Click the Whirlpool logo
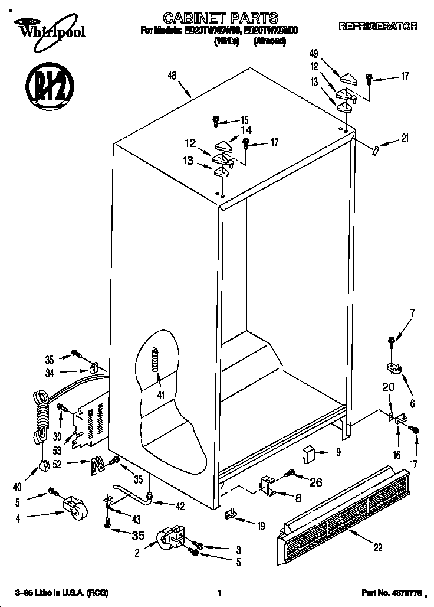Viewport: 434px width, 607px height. coord(43,29)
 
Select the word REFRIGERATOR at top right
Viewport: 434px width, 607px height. coord(378,27)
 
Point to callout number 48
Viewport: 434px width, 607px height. coord(172,75)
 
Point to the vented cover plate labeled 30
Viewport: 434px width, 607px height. coord(88,422)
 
